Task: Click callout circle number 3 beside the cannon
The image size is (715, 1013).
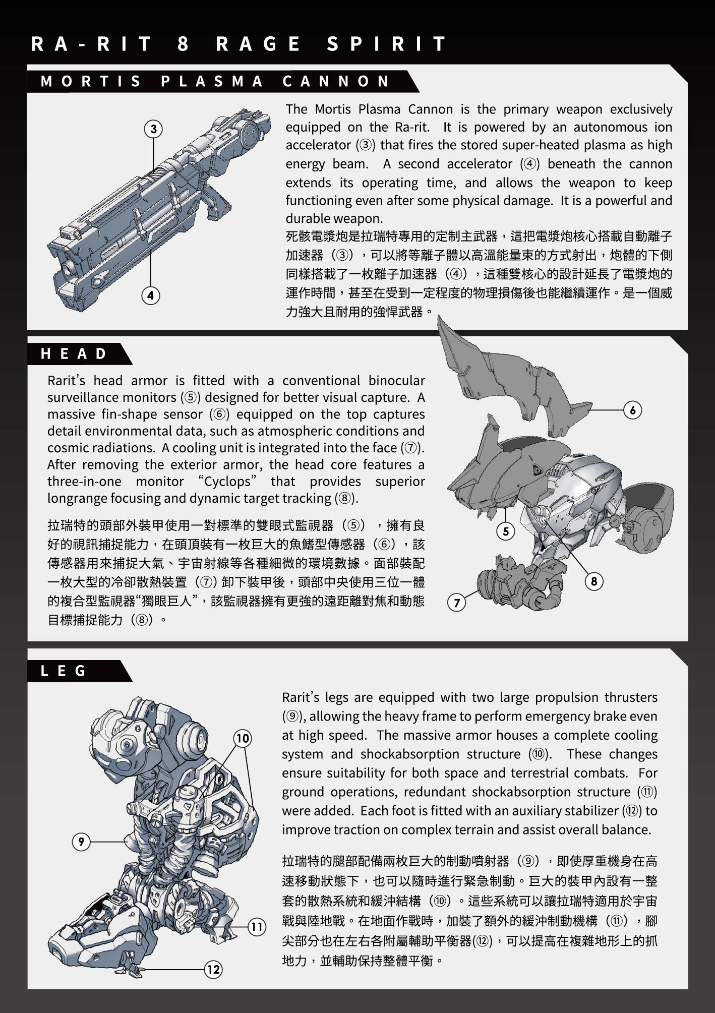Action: point(153,129)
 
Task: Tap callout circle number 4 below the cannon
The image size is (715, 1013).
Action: point(150,295)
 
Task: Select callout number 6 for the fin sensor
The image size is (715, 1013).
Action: point(633,410)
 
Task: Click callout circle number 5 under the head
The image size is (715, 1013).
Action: point(506,531)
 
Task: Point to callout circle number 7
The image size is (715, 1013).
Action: point(457,602)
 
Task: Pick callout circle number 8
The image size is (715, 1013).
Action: point(594,581)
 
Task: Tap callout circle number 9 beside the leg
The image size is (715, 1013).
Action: point(81,842)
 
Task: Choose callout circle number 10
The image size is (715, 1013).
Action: point(243,739)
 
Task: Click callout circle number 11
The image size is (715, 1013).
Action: point(257,927)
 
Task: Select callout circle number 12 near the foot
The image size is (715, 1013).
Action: point(213,969)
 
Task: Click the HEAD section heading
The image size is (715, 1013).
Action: point(74,354)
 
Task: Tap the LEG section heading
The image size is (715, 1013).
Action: point(64,671)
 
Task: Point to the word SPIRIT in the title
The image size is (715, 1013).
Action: point(387,44)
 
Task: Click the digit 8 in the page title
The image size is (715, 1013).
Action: point(183,44)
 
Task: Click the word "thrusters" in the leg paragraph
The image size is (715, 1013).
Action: point(631,697)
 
